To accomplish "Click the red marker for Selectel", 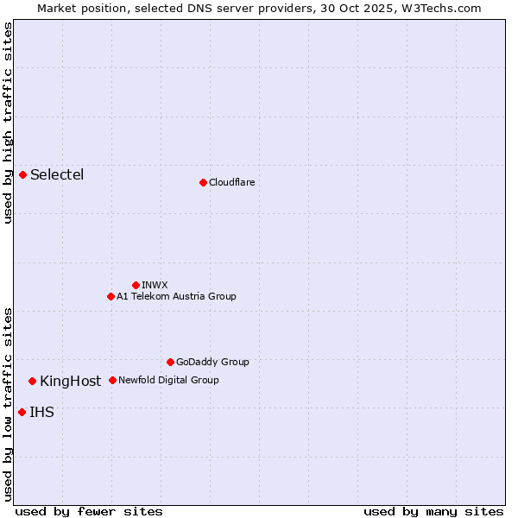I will tap(23, 175).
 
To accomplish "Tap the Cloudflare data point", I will tap(203, 182).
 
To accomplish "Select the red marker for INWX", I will tap(136, 285).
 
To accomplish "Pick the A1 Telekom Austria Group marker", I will tap(111, 296).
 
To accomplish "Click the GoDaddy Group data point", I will tap(170, 362).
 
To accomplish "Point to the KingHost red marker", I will tap(33, 381).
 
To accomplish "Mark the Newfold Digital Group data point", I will tap(112, 380).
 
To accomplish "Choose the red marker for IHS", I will tap(22, 412).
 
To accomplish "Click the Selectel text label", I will tap(57, 175).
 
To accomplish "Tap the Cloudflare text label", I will tap(231, 182).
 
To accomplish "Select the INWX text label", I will tap(155, 285).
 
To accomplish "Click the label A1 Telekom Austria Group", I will tap(176, 296).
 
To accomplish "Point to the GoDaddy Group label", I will tap(212, 362).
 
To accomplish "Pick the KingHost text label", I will tap(70, 381).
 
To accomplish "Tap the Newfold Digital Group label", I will tap(168, 380).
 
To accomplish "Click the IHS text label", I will tap(41, 412).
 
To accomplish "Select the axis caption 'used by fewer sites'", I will tap(89, 511).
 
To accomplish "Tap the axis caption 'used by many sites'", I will tap(433, 511).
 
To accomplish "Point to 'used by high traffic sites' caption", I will tap(8, 123).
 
